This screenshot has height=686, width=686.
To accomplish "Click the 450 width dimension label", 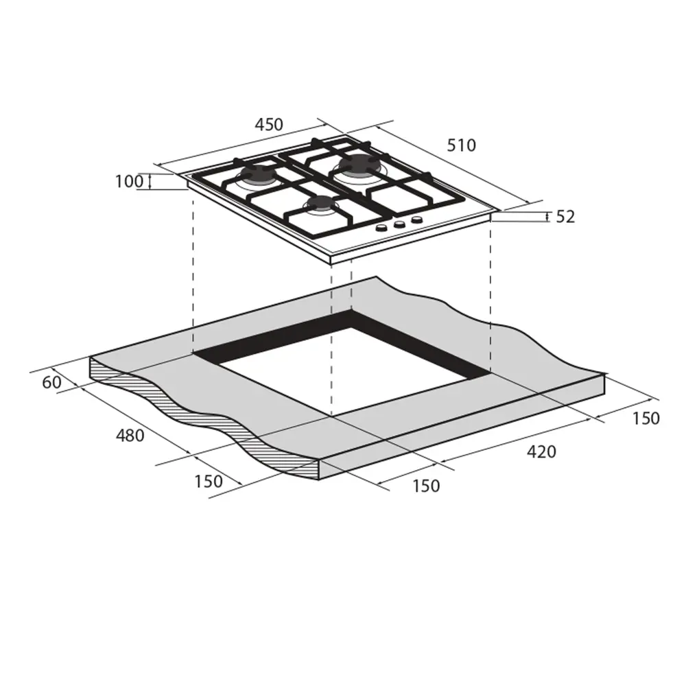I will tap(269, 125).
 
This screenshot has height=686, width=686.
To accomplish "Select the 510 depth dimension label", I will tap(461, 145).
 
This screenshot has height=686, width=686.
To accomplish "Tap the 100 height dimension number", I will tap(128, 182).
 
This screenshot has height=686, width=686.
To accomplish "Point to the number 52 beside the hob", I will tap(565, 217).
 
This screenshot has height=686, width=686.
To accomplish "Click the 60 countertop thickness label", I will tap(51, 383).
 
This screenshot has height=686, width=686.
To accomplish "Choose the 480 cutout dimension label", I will tap(130, 435).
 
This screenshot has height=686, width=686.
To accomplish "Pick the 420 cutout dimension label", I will tap(542, 452).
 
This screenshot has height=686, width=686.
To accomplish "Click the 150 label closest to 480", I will tap(209, 482).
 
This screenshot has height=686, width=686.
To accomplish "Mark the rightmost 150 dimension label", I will tap(645, 418).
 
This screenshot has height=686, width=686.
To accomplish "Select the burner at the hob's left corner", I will tap(257, 177).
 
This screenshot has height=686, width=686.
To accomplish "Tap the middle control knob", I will tap(399, 224).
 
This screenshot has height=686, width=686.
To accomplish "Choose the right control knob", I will tap(415, 220).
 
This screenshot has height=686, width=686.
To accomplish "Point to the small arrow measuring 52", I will tap(547, 217).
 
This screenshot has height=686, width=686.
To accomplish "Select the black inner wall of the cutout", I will tap(274, 340).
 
